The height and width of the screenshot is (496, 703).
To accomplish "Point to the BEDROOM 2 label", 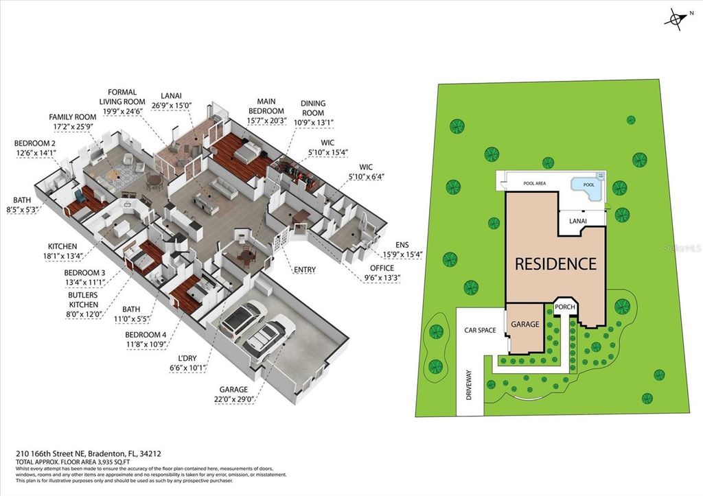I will [34, 148].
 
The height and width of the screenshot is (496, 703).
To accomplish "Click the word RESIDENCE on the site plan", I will [555, 263].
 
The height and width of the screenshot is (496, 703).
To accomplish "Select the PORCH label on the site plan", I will [564, 307].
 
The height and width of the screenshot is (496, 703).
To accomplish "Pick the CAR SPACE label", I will [480, 330].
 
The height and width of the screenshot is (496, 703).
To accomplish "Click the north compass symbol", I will [675, 21].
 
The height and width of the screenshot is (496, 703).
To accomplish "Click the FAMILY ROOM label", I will [72, 122].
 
